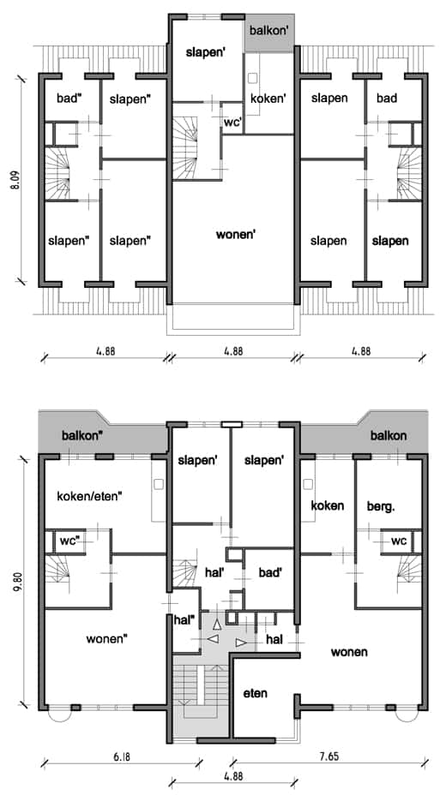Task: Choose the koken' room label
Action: [268, 98]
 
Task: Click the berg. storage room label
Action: [381, 505]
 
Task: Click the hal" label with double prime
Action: [184, 620]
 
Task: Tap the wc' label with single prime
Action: [232, 123]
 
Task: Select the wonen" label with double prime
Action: [108, 638]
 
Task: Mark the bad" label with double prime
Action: [69, 98]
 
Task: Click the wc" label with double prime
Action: [71, 541]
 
